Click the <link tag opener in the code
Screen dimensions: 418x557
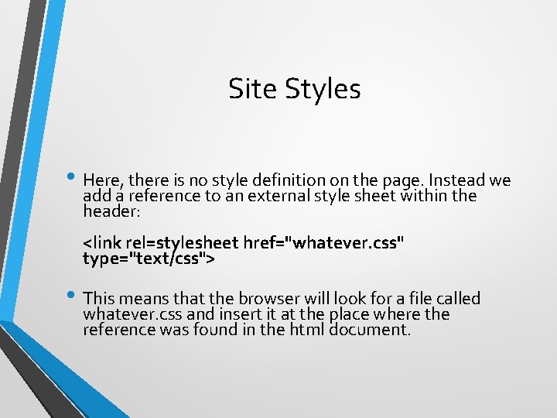pos(101,243)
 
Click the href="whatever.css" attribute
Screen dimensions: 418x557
pos(323,243)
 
